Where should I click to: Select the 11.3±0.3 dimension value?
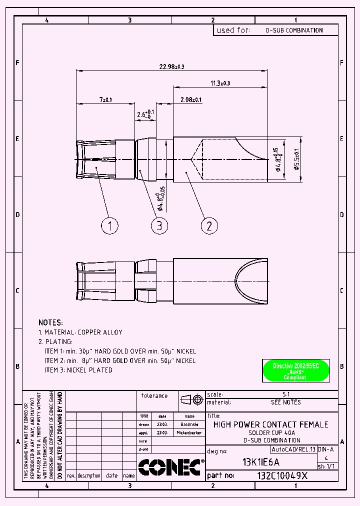pyautogui.click(x=220, y=83)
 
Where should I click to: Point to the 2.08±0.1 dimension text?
pyautogui.click(x=190, y=100)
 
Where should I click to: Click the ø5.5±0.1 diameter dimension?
pyautogui.click(x=296, y=159)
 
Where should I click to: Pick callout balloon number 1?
pyautogui.click(x=110, y=225)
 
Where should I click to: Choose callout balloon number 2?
pyautogui.click(x=209, y=225)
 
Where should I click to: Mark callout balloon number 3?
pyautogui.click(x=159, y=225)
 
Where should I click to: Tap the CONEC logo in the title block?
pyautogui.click(x=170, y=466)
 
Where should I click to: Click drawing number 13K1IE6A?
pyautogui.click(x=261, y=462)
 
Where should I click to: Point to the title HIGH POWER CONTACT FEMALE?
pyautogui.click(x=271, y=424)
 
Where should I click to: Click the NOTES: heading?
pyautogui.click(x=50, y=322)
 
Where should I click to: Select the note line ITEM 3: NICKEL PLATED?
pyautogui.click(x=78, y=370)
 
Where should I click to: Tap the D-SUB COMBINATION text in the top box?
pyautogui.click(x=294, y=30)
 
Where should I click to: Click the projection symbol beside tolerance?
pyautogui.click(x=192, y=399)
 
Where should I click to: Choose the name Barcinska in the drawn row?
pyautogui.click(x=189, y=424)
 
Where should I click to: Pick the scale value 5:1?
pyautogui.click(x=286, y=394)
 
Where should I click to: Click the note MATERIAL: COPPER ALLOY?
pyautogui.click(x=80, y=332)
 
